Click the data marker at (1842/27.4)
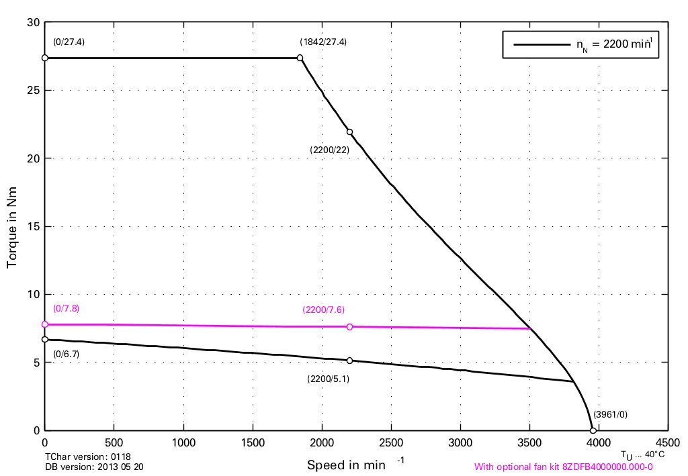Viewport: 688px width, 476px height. (300, 58)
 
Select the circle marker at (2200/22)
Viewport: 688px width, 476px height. (349, 132)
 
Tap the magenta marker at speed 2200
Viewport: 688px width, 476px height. (349, 327)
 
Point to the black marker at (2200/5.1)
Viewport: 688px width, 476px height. (349, 361)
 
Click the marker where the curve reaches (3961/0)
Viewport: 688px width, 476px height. (593, 430)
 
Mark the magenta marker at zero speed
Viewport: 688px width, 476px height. (45, 324)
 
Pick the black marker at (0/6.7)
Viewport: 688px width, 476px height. (45, 340)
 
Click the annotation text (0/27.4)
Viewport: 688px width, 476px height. (69, 42)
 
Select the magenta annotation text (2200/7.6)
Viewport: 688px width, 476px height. (323, 310)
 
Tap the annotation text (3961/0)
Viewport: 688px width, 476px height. (610, 414)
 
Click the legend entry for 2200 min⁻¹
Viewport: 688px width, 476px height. (580, 45)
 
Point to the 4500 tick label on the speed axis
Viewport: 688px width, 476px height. (667, 443)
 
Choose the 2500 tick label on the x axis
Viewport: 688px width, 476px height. (391, 443)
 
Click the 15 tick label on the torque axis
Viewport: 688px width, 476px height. (32, 226)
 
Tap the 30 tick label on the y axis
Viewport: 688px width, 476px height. (32, 23)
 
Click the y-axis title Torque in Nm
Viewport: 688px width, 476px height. (12, 226)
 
